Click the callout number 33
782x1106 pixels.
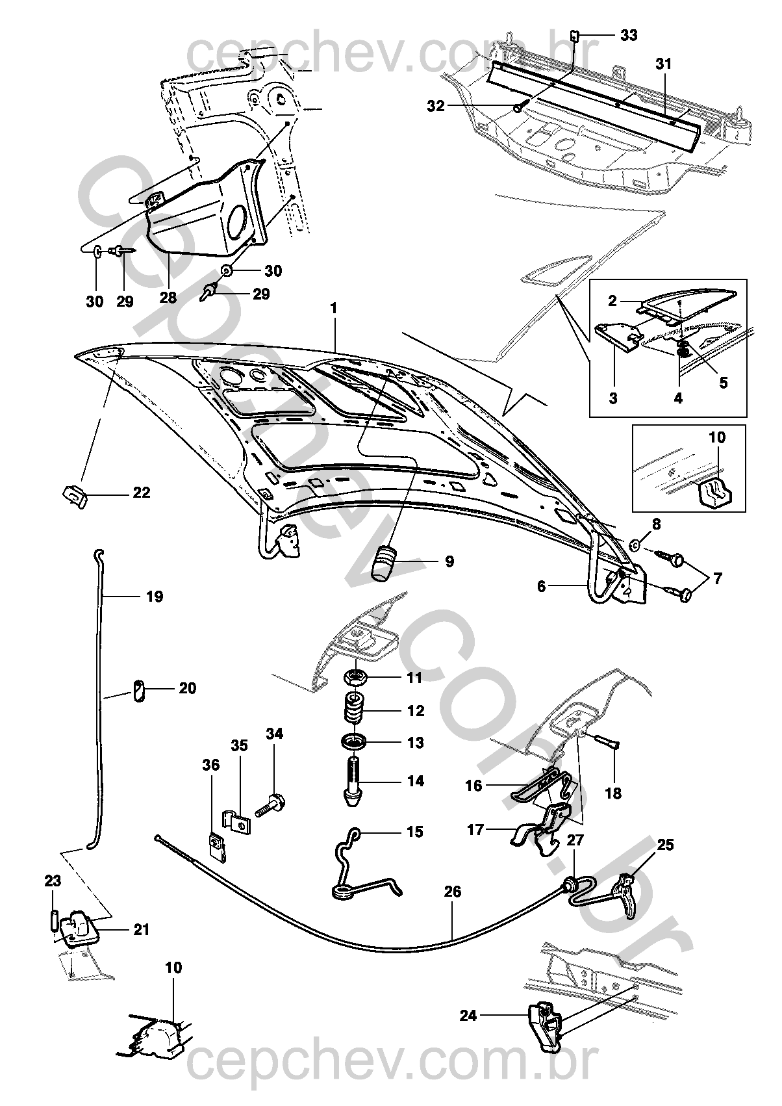coord(628,36)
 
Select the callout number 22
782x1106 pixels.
coord(141,493)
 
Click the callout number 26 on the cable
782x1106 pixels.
coord(453,892)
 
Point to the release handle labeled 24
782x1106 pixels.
coord(544,1027)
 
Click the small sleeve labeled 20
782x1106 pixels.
coord(138,689)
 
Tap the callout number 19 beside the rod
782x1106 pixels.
coord(155,597)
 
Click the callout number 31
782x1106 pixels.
coord(663,64)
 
